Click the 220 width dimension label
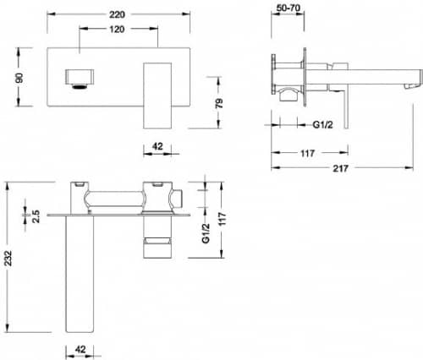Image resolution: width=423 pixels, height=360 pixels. coord(117,14)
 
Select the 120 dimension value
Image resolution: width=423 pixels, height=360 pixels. coord(117,29)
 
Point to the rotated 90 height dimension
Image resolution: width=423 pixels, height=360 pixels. coord(19,78)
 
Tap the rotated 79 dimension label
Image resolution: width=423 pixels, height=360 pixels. coord(219,103)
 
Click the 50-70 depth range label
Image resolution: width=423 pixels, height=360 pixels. coord(288,8)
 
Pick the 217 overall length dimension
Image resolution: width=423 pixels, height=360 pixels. coord(340,168)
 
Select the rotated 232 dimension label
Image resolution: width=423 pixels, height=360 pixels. coord(8,258)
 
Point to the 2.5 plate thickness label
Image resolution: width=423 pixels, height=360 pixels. coord(36,216)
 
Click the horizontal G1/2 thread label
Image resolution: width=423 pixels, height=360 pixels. coord(322,124)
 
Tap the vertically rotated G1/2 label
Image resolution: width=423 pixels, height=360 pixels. coord(206,233)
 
